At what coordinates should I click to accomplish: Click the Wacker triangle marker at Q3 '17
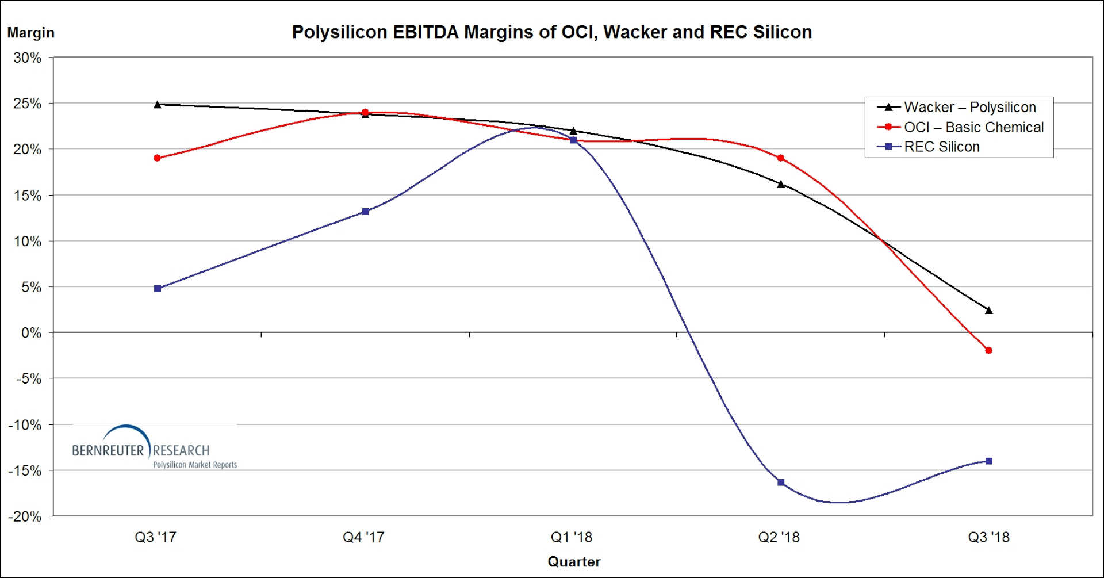tap(158, 104)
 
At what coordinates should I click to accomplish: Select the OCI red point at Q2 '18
tap(780, 158)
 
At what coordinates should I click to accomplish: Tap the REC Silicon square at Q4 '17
tap(365, 212)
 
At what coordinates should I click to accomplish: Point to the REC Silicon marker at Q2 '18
tap(780, 482)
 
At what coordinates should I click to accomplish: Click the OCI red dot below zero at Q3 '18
tap(988, 350)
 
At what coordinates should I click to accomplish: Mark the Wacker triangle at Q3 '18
tap(988, 310)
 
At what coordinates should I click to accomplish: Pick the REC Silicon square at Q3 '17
tap(158, 289)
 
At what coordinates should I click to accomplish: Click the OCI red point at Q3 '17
tap(158, 158)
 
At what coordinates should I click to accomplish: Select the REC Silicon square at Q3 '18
tap(988, 461)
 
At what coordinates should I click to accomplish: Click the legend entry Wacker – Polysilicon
tap(969, 108)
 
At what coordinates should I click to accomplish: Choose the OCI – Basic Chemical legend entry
tap(973, 127)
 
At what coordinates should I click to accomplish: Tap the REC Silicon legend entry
tap(941, 147)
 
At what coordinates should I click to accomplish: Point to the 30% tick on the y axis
tap(28, 58)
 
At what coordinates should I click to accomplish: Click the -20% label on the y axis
tap(25, 516)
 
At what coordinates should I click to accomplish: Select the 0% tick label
tap(31, 332)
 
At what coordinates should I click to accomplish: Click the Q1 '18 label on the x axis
tap(571, 537)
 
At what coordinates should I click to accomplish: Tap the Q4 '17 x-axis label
tap(363, 537)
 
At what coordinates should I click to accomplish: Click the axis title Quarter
tap(573, 561)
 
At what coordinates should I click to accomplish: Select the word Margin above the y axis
tap(30, 33)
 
